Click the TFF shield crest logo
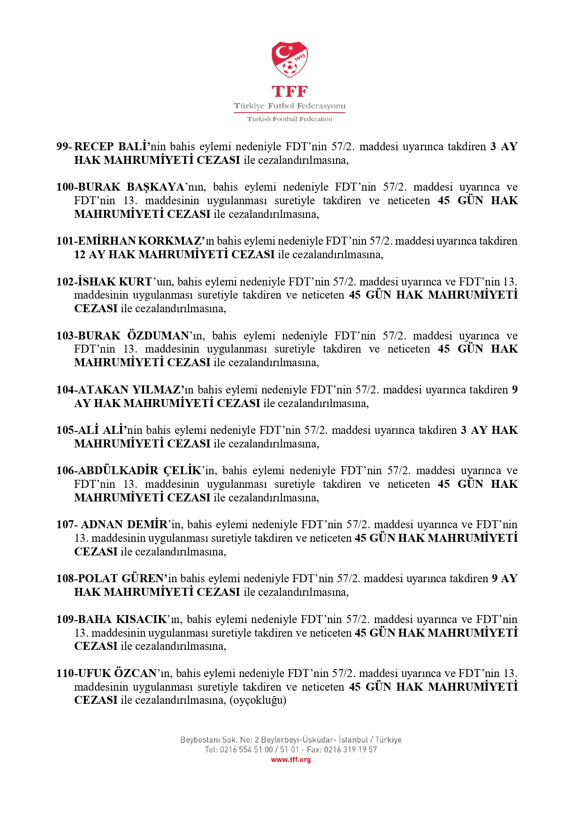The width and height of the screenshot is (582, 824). [x=290, y=60]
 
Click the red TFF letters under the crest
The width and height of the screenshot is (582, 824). [x=290, y=91]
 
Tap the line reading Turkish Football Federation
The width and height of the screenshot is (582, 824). [x=290, y=119]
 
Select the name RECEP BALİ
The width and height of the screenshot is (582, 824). [x=111, y=146]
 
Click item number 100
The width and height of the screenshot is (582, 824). [x=65, y=187]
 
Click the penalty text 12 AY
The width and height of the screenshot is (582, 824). [x=90, y=254]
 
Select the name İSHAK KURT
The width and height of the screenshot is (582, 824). [x=115, y=282]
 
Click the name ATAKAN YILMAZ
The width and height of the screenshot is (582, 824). [x=129, y=390]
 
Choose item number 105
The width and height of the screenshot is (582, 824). [x=65, y=430]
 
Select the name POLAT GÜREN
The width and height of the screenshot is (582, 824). [x=122, y=578]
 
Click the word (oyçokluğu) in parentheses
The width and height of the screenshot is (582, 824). [x=258, y=700]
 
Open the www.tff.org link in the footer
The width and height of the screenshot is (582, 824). [x=291, y=760]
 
